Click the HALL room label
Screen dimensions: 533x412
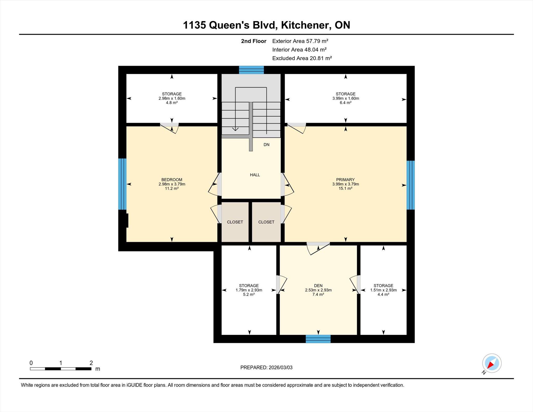tap(255, 175)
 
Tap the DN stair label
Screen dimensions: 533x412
tap(266, 145)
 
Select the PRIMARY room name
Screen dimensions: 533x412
tap(345, 180)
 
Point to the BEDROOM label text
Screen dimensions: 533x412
tap(172, 180)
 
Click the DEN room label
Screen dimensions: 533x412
tap(318, 286)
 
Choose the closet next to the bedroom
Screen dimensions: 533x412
tap(235, 222)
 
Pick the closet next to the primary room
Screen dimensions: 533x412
tap(266, 222)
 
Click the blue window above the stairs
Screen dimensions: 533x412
tap(251, 70)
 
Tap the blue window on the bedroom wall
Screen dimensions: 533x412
tap(122, 184)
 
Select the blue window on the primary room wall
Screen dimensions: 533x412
tap(410, 185)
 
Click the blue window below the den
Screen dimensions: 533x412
tap(318, 339)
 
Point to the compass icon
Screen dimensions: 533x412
tap(492, 363)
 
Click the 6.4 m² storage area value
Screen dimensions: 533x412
tap(345, 103)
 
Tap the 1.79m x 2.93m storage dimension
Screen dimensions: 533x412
tap(249, 290)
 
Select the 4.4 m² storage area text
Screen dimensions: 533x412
tap(383, 294)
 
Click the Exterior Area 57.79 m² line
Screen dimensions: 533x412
tap(300, 41)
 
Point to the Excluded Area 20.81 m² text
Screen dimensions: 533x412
tap(302, 58)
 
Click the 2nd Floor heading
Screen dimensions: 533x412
tap(253, 41)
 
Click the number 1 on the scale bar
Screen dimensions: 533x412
tap(61, 363)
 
